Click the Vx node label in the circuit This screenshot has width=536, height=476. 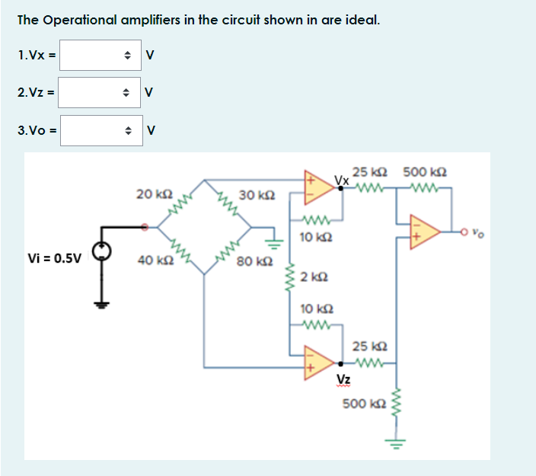pyautogui.click(x=342, y=181)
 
